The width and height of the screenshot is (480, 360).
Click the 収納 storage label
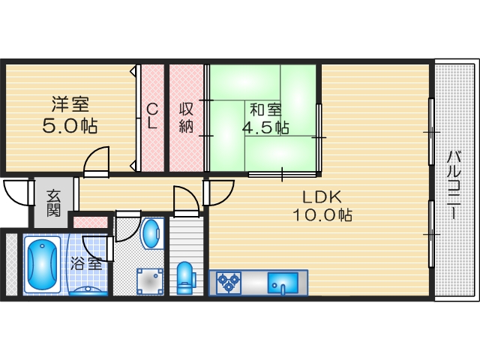[186, 116]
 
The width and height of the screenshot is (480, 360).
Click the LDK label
[322, 196]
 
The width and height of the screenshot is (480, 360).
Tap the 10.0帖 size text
[322, 215]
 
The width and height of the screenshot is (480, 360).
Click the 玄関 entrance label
[53, 202]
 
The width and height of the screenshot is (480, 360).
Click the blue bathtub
[43, 265]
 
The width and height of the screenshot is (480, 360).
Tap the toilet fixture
[184, 275]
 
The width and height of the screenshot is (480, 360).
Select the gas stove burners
[228, 283]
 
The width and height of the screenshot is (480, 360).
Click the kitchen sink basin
[283, 283]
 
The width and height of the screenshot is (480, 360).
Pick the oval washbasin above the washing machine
[152, 233]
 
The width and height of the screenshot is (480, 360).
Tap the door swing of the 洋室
[96, 161]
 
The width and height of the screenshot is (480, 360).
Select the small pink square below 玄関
[89, 222]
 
